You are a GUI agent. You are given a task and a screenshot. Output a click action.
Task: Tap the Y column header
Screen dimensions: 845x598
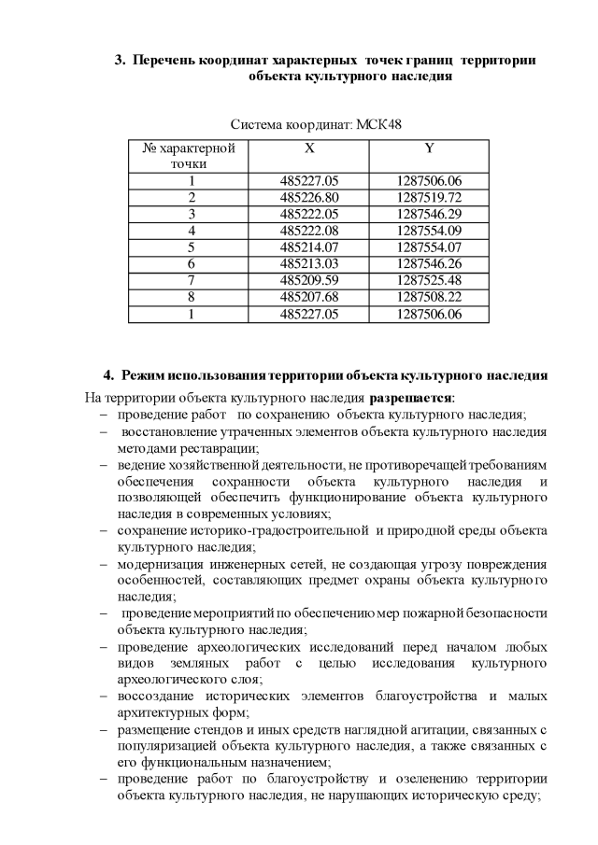click(x=429, y=148)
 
